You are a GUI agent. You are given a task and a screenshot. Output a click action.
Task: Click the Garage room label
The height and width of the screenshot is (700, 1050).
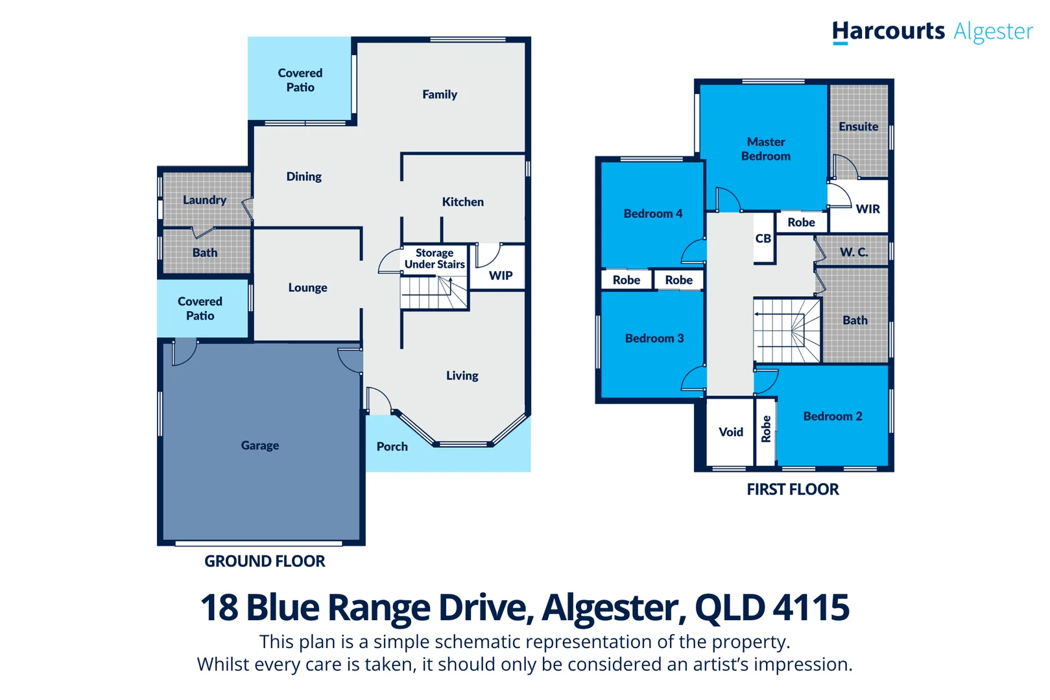(260, 445)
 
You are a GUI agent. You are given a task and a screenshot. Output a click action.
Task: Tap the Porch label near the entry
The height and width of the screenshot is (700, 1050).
(392, 447)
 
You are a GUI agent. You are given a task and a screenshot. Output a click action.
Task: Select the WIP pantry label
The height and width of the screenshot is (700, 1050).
(501, 275)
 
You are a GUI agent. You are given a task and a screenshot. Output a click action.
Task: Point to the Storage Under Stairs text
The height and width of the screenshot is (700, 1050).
(435, 259)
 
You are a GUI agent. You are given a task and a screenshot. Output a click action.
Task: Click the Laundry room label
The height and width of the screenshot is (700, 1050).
(204, 200)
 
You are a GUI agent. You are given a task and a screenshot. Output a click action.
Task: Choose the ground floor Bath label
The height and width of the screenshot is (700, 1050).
(205, 253)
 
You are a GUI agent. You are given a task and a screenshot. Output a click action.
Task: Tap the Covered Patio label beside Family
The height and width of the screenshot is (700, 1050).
(300, 80)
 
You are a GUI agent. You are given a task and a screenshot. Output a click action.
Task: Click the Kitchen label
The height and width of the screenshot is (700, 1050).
(462, 202)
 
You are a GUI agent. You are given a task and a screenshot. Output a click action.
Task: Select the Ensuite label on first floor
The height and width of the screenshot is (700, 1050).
(858, 126)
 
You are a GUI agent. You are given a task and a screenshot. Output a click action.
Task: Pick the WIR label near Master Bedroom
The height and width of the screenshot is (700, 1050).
(868, 209)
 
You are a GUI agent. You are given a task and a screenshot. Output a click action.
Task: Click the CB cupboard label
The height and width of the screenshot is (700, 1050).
(763, 239)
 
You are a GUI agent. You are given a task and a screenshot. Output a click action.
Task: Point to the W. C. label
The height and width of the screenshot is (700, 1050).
(853, 252)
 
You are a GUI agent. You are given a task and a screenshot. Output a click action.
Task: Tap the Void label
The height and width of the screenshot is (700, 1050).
(731, 432)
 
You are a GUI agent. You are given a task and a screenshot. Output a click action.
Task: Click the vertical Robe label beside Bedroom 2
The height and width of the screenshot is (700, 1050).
(766, 428)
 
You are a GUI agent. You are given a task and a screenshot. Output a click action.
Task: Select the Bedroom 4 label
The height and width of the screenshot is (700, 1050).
(652, 213)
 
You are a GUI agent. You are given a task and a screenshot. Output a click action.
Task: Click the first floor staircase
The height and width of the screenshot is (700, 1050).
(787, 331)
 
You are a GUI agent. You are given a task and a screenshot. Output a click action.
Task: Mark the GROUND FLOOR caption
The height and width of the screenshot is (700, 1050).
(265, 561)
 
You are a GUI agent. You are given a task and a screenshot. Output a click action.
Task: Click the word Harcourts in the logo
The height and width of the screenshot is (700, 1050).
(888, 31)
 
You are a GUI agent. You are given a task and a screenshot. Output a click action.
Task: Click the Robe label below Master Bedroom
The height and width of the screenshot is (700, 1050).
(801, 222)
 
